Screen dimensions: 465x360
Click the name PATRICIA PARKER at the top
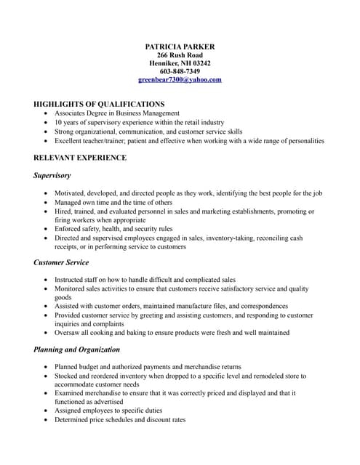[x=180, y=47]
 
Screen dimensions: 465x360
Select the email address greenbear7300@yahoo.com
[x=180, y=80]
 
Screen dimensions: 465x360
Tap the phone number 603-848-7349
[x=180, y=71]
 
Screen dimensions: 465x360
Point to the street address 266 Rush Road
[x=180, y=55]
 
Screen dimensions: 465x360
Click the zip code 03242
[x=199, y=63]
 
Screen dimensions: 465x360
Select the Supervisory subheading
[x=52, y=176]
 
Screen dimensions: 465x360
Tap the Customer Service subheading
[x=61, y=262]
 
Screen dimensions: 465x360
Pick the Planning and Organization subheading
[x=76, y=349]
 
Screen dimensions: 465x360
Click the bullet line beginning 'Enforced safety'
[x=113, y=229]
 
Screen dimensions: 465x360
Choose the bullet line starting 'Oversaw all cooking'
[x=172, y=333]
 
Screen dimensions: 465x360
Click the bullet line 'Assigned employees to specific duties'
[x=108, y=411]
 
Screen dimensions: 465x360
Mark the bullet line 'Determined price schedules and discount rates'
[x=120, y=419]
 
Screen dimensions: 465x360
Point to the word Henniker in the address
[x=164, y=63]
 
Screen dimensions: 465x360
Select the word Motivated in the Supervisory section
[x=72, y=193]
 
